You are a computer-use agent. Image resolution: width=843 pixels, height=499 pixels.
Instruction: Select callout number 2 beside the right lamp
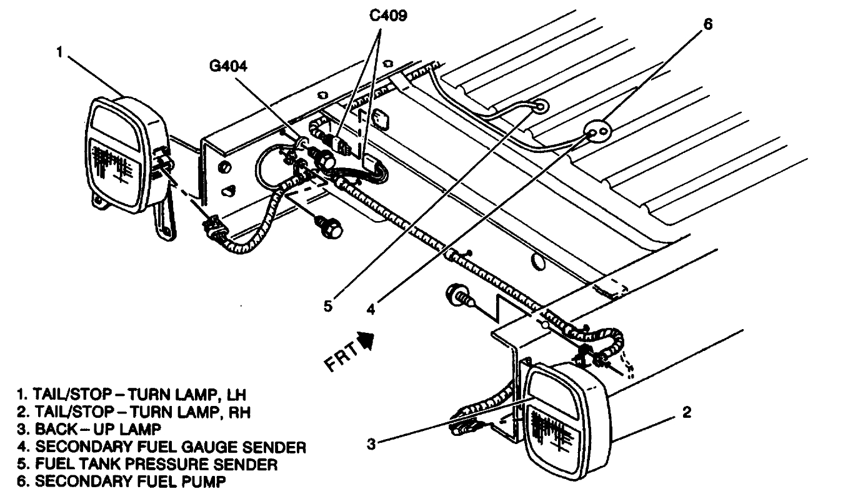(x=686, y=413)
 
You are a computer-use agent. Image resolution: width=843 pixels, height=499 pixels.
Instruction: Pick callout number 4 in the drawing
(x=371, y=309)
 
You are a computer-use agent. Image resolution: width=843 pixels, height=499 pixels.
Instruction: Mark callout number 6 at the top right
(x=707, y=24)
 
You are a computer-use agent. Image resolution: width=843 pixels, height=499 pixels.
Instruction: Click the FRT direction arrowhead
(x=365, y=340)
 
